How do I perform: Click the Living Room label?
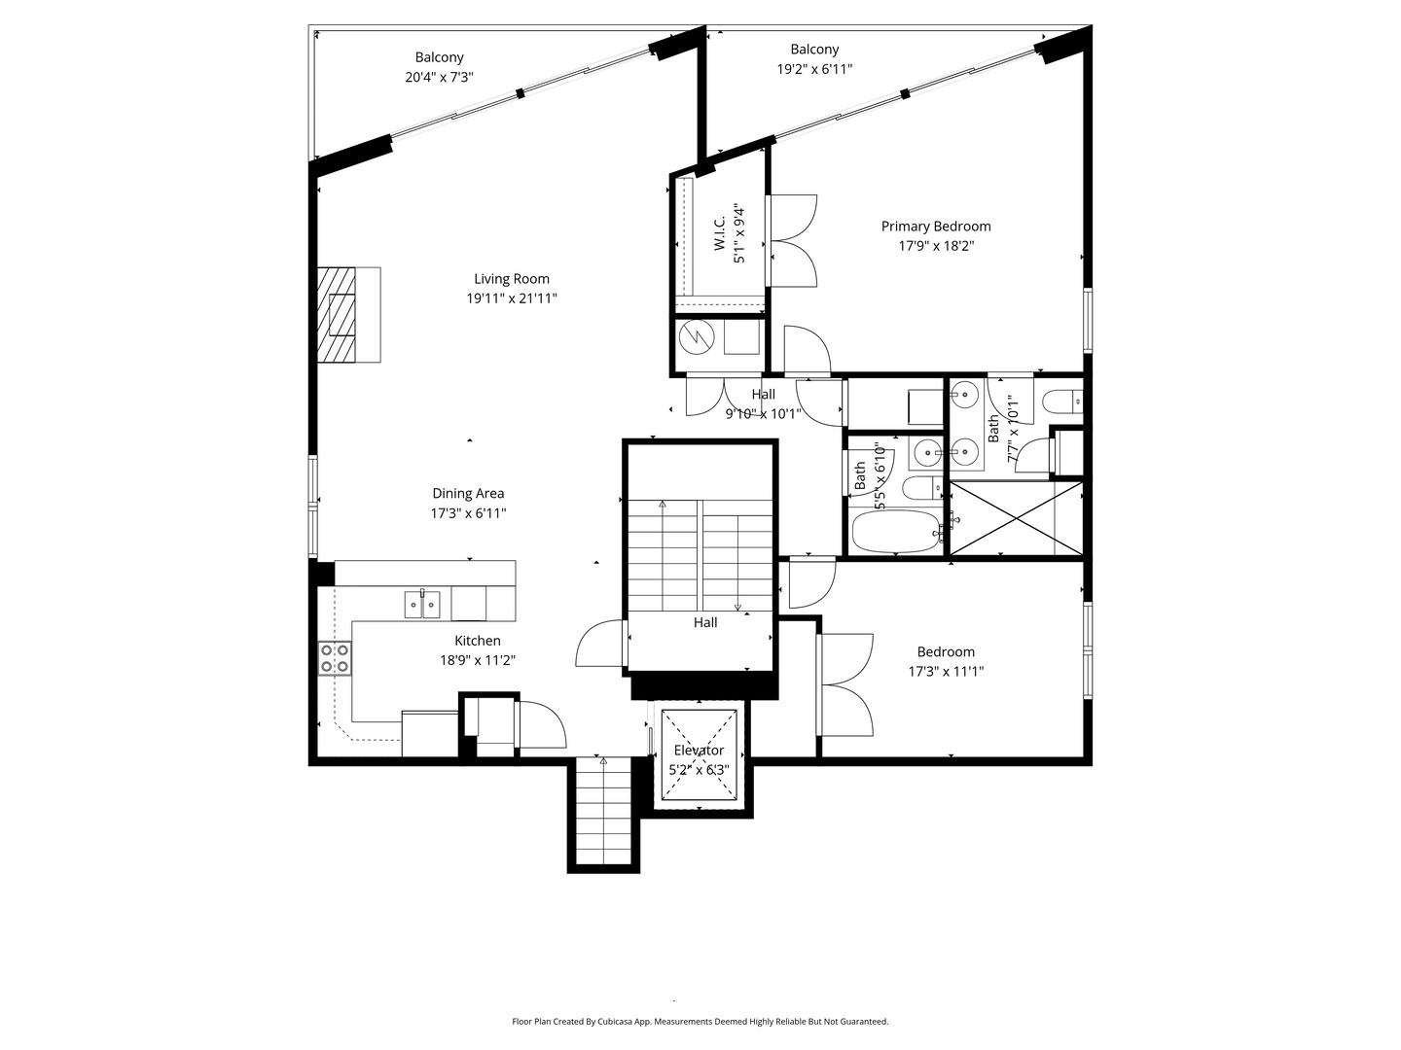[511, 279]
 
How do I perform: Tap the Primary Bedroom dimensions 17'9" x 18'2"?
[936, 246]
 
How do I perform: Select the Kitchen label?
[478, 641]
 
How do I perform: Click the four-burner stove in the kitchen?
[335, 658]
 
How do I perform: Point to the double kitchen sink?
[422, 605]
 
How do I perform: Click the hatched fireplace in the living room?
[337, 315]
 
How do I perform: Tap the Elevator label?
[699, 751]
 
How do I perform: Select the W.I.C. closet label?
[720, 232]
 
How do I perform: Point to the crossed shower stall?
[1017, 518]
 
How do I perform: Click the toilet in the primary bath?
[1062, 402]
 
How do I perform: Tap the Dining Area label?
[469, 494]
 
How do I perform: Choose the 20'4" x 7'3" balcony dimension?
[439, 78]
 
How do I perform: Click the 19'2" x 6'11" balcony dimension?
[814, 69]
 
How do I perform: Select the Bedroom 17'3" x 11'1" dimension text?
[946, 671]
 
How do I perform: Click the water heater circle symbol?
[697, 337]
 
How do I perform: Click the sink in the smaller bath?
[926, 453]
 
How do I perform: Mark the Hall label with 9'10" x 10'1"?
[764, 404]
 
